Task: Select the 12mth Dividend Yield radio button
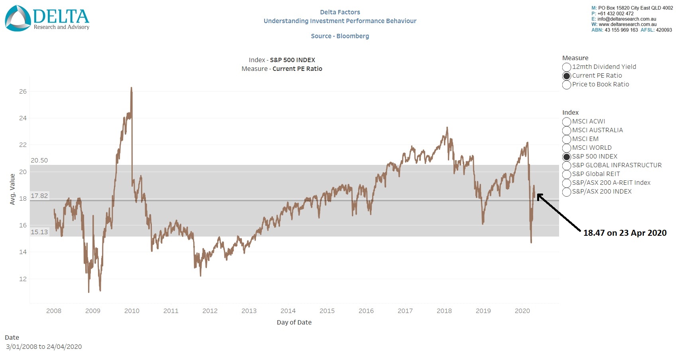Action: click(567, 67)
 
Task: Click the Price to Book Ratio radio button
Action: click(567, 84)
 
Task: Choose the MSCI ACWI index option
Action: click(567, 121)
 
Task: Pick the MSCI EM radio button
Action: click(567, 139)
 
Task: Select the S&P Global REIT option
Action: click(567, 174)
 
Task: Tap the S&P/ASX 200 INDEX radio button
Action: click(567, 192)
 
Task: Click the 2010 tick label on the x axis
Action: click(132, 311)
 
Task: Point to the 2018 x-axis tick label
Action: click(444, 311)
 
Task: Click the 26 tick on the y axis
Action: click(23, 92)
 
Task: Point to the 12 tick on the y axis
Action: click(23, 279)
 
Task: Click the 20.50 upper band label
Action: click(39, 160)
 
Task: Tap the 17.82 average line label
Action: click(39, 196)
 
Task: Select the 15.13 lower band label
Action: click(39, 232)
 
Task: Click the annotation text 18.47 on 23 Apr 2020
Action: click(624, 233)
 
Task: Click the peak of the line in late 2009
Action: click(131, 88)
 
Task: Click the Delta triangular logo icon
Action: click(18, 18)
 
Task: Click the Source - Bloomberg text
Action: click(340, 36)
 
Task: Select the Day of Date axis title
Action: click(294, 323)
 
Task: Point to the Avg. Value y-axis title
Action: click(12, 189)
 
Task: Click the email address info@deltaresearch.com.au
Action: click(626, 19)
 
